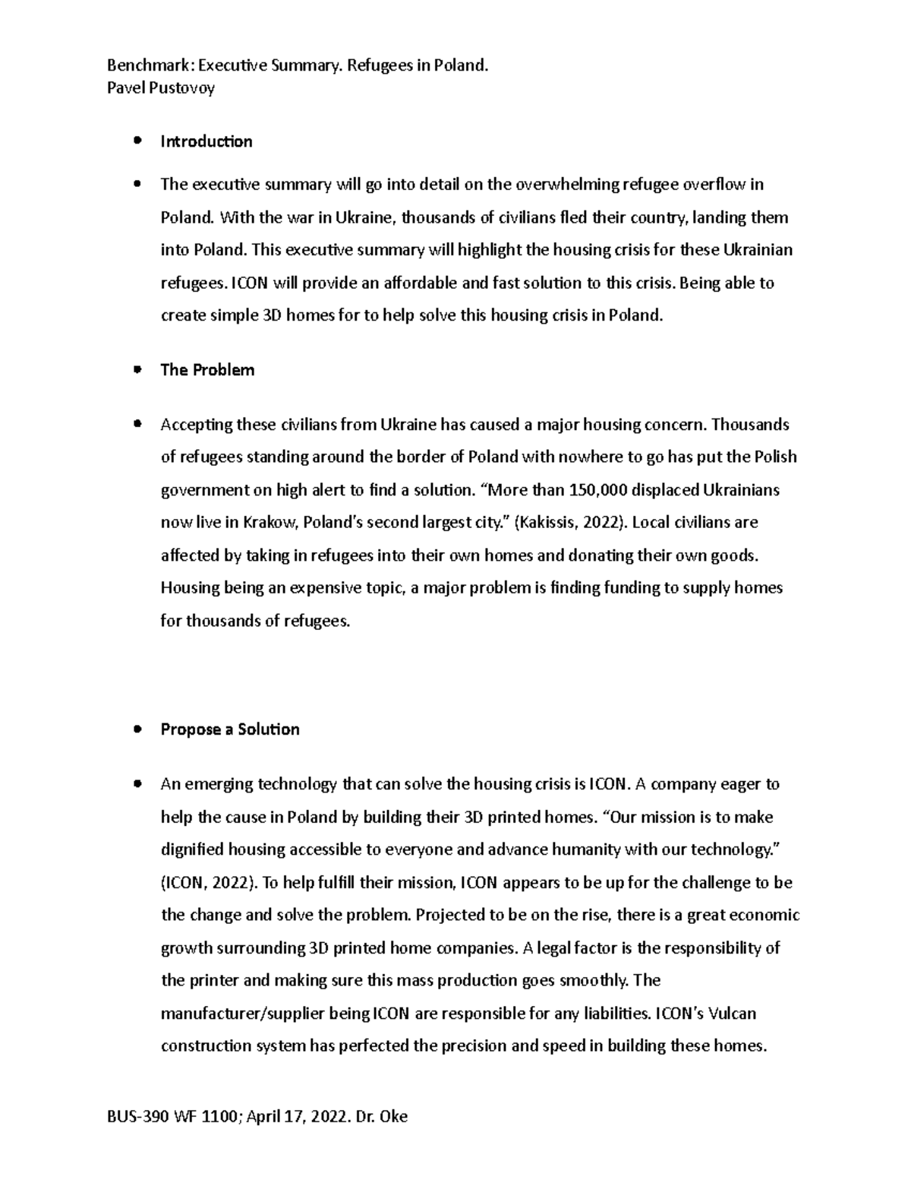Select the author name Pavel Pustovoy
[162, 87]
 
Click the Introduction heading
[206, 141]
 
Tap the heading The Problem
[207, 370]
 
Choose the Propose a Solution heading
[230, 729]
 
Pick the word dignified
[193, 850]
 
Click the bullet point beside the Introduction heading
[137, 141]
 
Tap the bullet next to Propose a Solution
[137, 729]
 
